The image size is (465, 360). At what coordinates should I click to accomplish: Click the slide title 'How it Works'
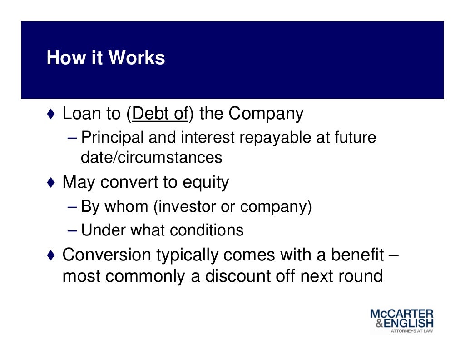tap(106, 58)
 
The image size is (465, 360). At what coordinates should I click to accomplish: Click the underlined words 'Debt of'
tap(159, 114)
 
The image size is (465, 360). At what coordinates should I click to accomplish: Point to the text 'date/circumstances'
tap(151, 158)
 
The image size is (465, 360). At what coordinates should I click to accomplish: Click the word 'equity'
tap(206, 182)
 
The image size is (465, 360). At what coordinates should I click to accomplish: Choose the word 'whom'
tap(126, 207)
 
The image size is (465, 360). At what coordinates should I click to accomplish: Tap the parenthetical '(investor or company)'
tap(232, 207)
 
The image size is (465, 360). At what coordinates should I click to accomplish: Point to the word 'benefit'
tap(357, 255)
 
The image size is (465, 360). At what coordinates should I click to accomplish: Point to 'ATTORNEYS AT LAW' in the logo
tap(412, 331)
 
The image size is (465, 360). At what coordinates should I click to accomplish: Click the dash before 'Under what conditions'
tap(74, 230)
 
